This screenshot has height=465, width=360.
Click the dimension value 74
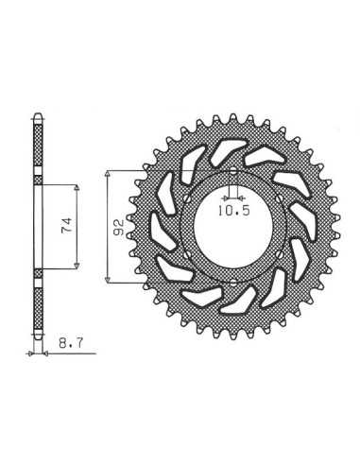point(66,225)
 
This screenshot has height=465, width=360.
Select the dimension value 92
point(119,228)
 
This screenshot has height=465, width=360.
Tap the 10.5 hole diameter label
point(233,211)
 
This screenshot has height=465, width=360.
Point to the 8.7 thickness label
point(71,343)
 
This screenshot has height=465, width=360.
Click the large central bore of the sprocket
point(233,227)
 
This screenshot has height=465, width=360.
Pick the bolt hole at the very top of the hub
point(233,172)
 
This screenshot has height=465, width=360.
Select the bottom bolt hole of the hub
point(233,283)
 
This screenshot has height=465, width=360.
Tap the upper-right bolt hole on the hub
point(280,198)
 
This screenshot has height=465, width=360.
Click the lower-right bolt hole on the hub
point(280,254)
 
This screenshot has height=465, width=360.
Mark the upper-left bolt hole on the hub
point(186,199)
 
